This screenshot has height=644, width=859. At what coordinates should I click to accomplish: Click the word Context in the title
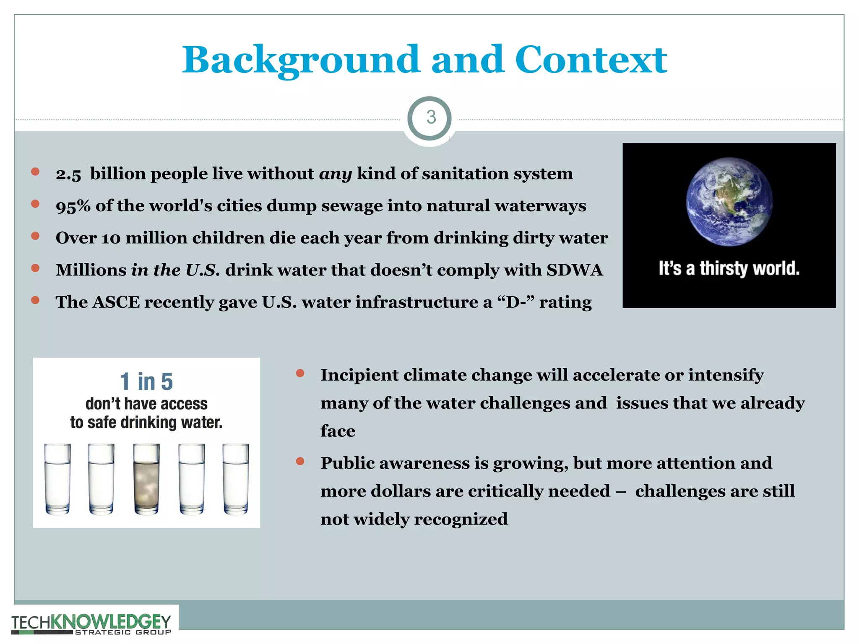[x=591, y=60]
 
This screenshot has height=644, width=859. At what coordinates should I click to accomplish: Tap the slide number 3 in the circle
[x=431, y=117]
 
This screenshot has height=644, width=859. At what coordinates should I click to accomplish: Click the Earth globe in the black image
[x=729, y=202]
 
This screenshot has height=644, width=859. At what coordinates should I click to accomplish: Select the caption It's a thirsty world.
[x=729, y=268]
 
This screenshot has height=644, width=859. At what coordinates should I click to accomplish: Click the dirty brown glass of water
[x=146, y=479]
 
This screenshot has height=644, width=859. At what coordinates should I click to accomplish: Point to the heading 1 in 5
[x=146, y=381]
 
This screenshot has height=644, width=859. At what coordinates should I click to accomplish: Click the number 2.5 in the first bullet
[x=68, y=174]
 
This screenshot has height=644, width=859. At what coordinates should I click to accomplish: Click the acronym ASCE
[x=116, y=302]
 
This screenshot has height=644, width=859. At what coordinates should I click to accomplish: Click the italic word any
[x=335, y=174]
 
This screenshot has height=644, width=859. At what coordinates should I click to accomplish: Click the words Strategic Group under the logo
[x=122, y=632]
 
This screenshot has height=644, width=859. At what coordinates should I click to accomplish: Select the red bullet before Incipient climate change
[x=300, y=373]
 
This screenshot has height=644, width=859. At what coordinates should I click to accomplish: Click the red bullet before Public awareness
[x=300, y=462]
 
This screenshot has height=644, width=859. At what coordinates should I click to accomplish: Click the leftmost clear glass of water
[x=57, y=479]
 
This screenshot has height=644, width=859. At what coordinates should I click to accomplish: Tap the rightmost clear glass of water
[x=235, y=479]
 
